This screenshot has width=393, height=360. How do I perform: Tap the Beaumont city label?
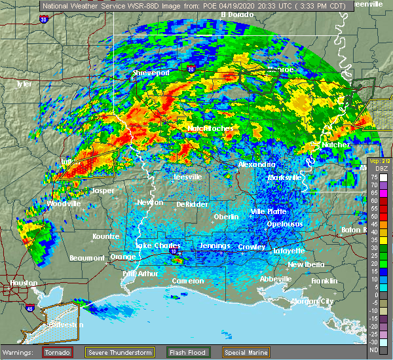(86, 257)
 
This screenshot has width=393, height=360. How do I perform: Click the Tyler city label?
(24, 84)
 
